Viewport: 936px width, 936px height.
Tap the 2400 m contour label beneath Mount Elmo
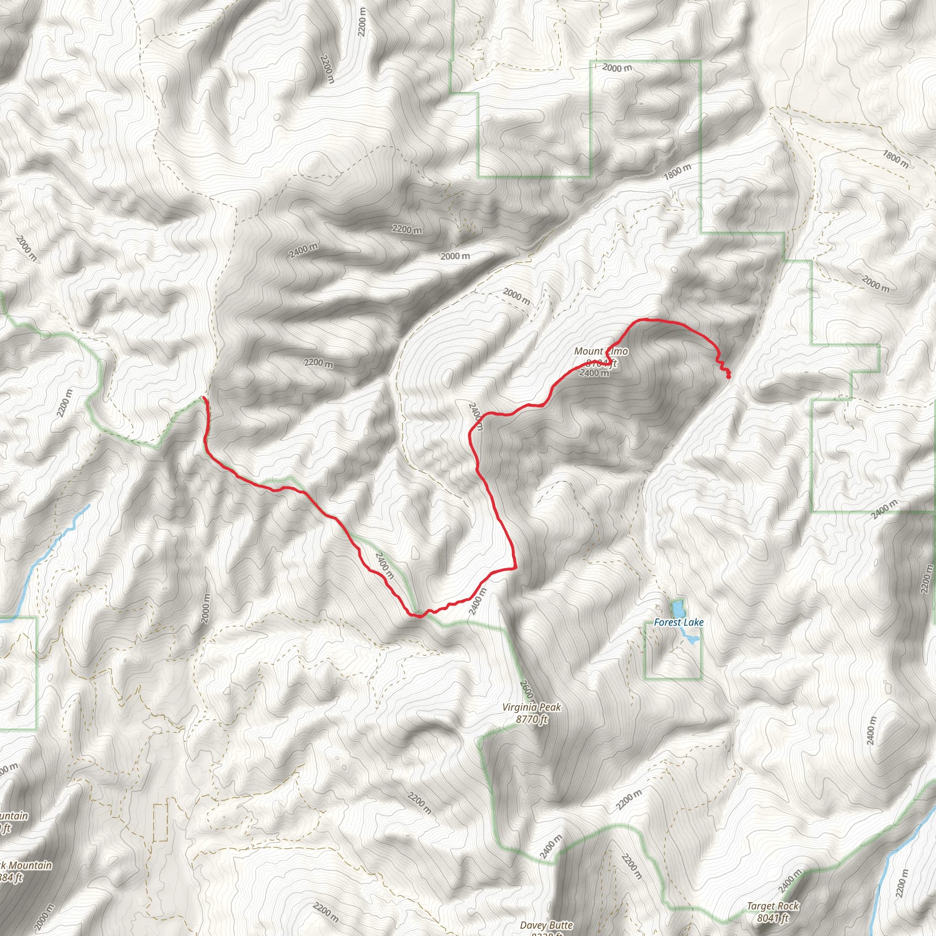[x=594, y=372]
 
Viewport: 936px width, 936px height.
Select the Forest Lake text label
[x=678, y=622]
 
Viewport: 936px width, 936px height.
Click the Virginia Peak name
[x=532, y=707]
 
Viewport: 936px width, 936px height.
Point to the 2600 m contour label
[x=526, y=691]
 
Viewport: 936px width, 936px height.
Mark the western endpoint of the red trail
[x=204, y=398]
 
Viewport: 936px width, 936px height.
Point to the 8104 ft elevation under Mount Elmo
[x=601, y=363]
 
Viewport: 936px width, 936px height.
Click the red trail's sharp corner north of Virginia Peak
[x=516, y=567]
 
